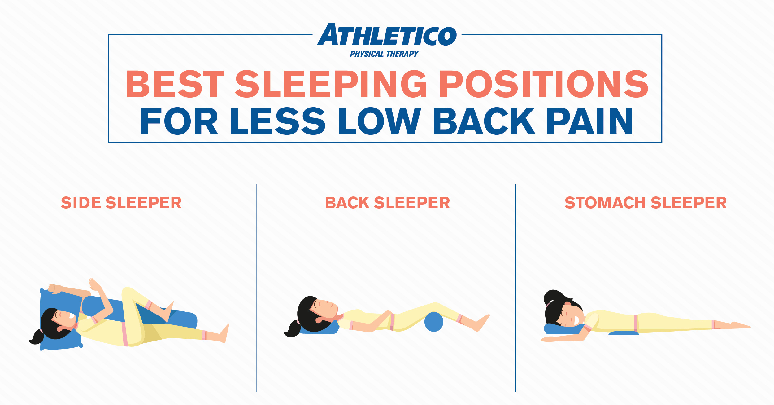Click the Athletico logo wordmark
387,35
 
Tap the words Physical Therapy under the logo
384,54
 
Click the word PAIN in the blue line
590,121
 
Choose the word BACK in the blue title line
484,121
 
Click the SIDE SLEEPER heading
121,203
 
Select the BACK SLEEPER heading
387,203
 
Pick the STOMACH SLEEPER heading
646,203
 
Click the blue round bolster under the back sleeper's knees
433,322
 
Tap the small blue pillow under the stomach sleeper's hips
623,333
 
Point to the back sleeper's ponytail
292,330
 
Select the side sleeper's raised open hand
94,285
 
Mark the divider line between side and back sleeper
257,288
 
